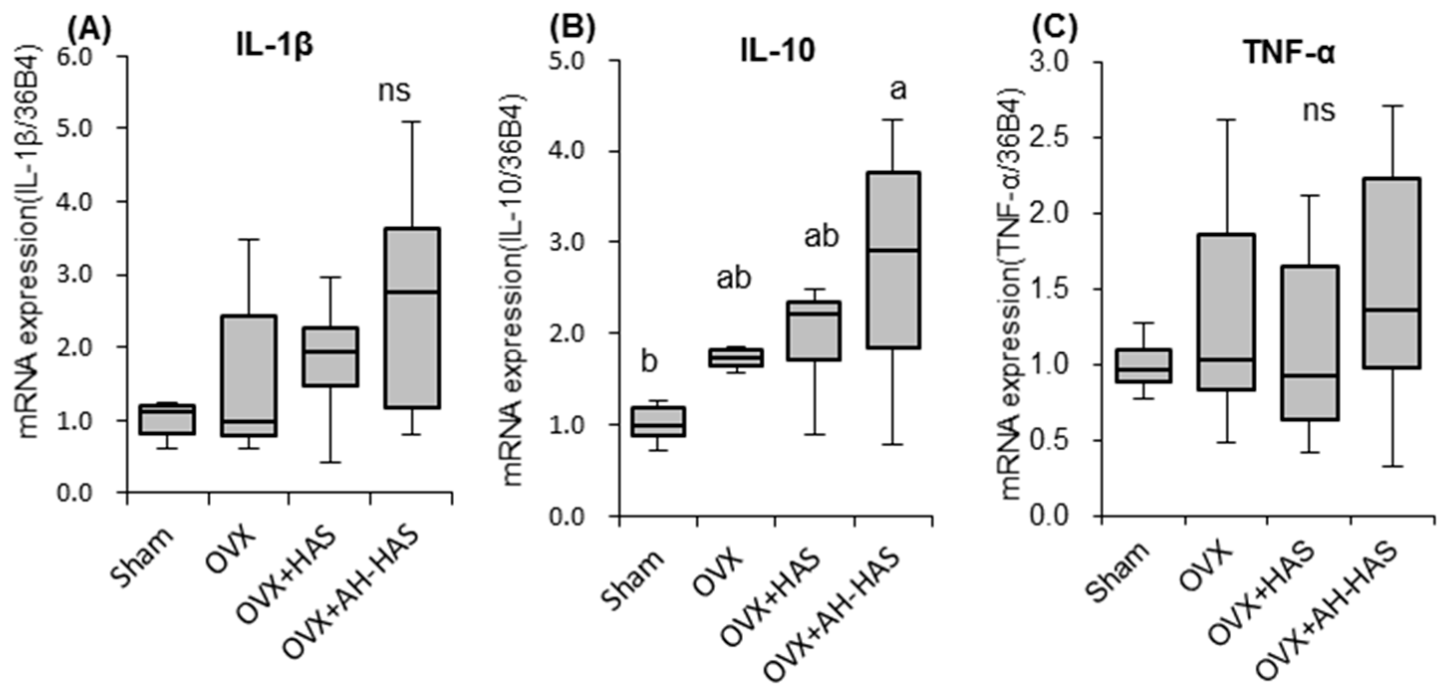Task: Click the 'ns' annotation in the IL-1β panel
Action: tap(395, 91)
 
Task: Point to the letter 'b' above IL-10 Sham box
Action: tap(649, 362)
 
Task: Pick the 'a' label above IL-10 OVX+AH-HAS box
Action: tap(898, 90)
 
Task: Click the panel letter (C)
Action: tap(1055, 30)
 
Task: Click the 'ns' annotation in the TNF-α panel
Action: tap(1318, 111)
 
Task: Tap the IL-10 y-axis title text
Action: tap(514, 289)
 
